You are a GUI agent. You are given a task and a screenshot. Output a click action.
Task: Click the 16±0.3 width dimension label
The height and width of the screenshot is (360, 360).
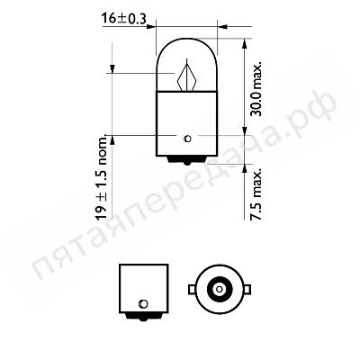point(123,19)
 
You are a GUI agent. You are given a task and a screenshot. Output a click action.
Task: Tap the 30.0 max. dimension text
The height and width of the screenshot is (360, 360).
point(256,89)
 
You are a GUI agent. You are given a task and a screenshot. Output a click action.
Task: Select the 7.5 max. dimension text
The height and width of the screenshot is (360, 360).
point(257,194)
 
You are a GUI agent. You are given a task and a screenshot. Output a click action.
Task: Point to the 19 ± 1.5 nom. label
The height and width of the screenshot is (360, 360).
point(102,178)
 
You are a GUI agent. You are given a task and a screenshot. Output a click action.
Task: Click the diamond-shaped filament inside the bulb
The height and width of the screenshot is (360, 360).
point(186,76)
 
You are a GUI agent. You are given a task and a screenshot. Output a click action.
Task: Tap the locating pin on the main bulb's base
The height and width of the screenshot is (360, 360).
point(187,139)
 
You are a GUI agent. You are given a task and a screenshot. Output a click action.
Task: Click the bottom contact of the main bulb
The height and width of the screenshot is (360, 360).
point(187,160)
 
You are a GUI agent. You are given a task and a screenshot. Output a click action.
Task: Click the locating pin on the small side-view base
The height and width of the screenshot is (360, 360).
point(143,304)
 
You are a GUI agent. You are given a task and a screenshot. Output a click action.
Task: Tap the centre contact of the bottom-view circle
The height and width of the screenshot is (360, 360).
point(220,289)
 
